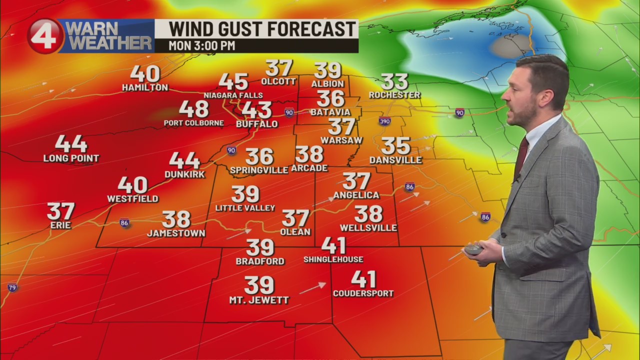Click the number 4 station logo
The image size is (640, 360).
45,36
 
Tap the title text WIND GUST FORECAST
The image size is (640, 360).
262,29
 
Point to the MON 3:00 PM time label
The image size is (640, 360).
201,46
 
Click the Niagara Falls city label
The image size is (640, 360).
233,95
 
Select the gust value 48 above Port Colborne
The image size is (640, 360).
193,109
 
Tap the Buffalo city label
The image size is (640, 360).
256,123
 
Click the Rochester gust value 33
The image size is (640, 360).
394,81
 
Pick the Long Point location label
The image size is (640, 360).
71,158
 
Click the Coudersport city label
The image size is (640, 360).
363,293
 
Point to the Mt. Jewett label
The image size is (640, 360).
259,300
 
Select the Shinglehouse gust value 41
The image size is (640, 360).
333,245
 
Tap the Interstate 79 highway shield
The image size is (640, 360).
12,287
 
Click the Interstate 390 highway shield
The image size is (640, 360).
384,121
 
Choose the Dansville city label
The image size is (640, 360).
395,160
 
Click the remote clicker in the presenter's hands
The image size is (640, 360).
473,249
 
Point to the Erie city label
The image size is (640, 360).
60,225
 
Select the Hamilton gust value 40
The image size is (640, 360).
145,74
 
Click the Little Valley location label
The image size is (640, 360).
245,208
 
